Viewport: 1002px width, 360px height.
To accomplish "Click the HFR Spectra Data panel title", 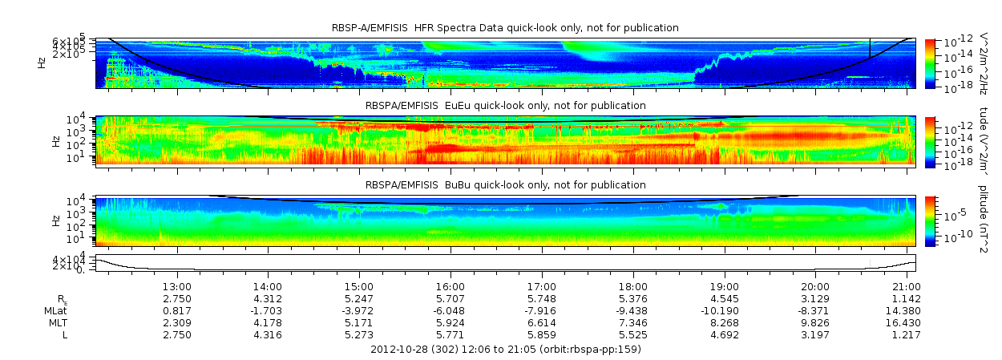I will click(x=505, y=28).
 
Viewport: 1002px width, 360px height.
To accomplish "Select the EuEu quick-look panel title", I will click(x=505, y=105).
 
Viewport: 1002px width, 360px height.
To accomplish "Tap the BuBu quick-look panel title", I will click(x=505, y=185).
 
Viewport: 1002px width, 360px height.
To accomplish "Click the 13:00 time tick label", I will click(x=176, y=286).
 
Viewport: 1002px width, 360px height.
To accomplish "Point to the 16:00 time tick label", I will click(x=450, y=286).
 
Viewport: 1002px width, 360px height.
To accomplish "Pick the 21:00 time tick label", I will click(x=906, y=286).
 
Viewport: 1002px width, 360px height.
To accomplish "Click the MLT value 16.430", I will click(x=906, y=322).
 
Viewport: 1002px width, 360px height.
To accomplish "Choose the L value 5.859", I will click(x=542, y=334).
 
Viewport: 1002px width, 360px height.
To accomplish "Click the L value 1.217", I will click(x=906, y=334).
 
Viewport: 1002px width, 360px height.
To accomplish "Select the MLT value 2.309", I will click(x=176, y=322).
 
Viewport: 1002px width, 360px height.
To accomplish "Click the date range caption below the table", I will click(x=505, y=350).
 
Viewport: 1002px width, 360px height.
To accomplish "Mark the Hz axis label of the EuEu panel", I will click(x=55, y=141).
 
